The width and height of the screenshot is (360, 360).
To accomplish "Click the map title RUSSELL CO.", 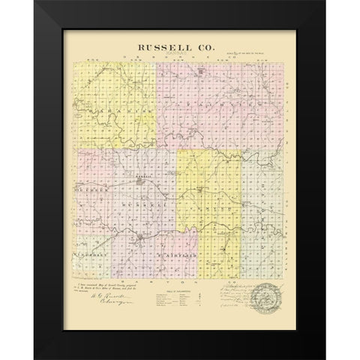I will click(176, 46).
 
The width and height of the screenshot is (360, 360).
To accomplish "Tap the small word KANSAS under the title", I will click(176, 55).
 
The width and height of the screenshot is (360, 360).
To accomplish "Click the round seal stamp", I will click(265, 294).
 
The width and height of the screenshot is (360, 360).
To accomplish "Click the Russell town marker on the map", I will click(139, 240).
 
